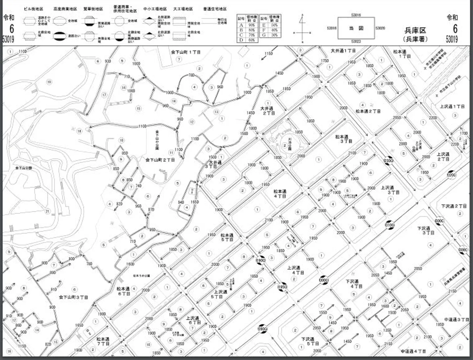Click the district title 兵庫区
tap(415, 31)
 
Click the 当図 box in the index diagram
tap(356, 28)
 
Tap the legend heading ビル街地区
tap(34, 9)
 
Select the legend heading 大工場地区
tap(183, 9)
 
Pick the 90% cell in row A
tap(251, 25)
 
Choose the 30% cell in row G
tap(274, 35)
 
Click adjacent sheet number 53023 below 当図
tap(356, 41)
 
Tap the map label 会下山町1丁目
tap(186, 52)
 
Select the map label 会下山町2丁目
tap(160, 160)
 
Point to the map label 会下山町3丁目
tap(74, 297)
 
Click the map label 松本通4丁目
tap(280, 194)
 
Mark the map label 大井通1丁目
tap(343, 51)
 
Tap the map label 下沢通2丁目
tap(454, 206)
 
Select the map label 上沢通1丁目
tap(452, 106)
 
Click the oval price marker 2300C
tap(389, 161)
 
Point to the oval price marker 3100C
tap(390, 225)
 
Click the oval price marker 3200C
tap(451, 175)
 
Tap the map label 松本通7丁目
tap(103, 341)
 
